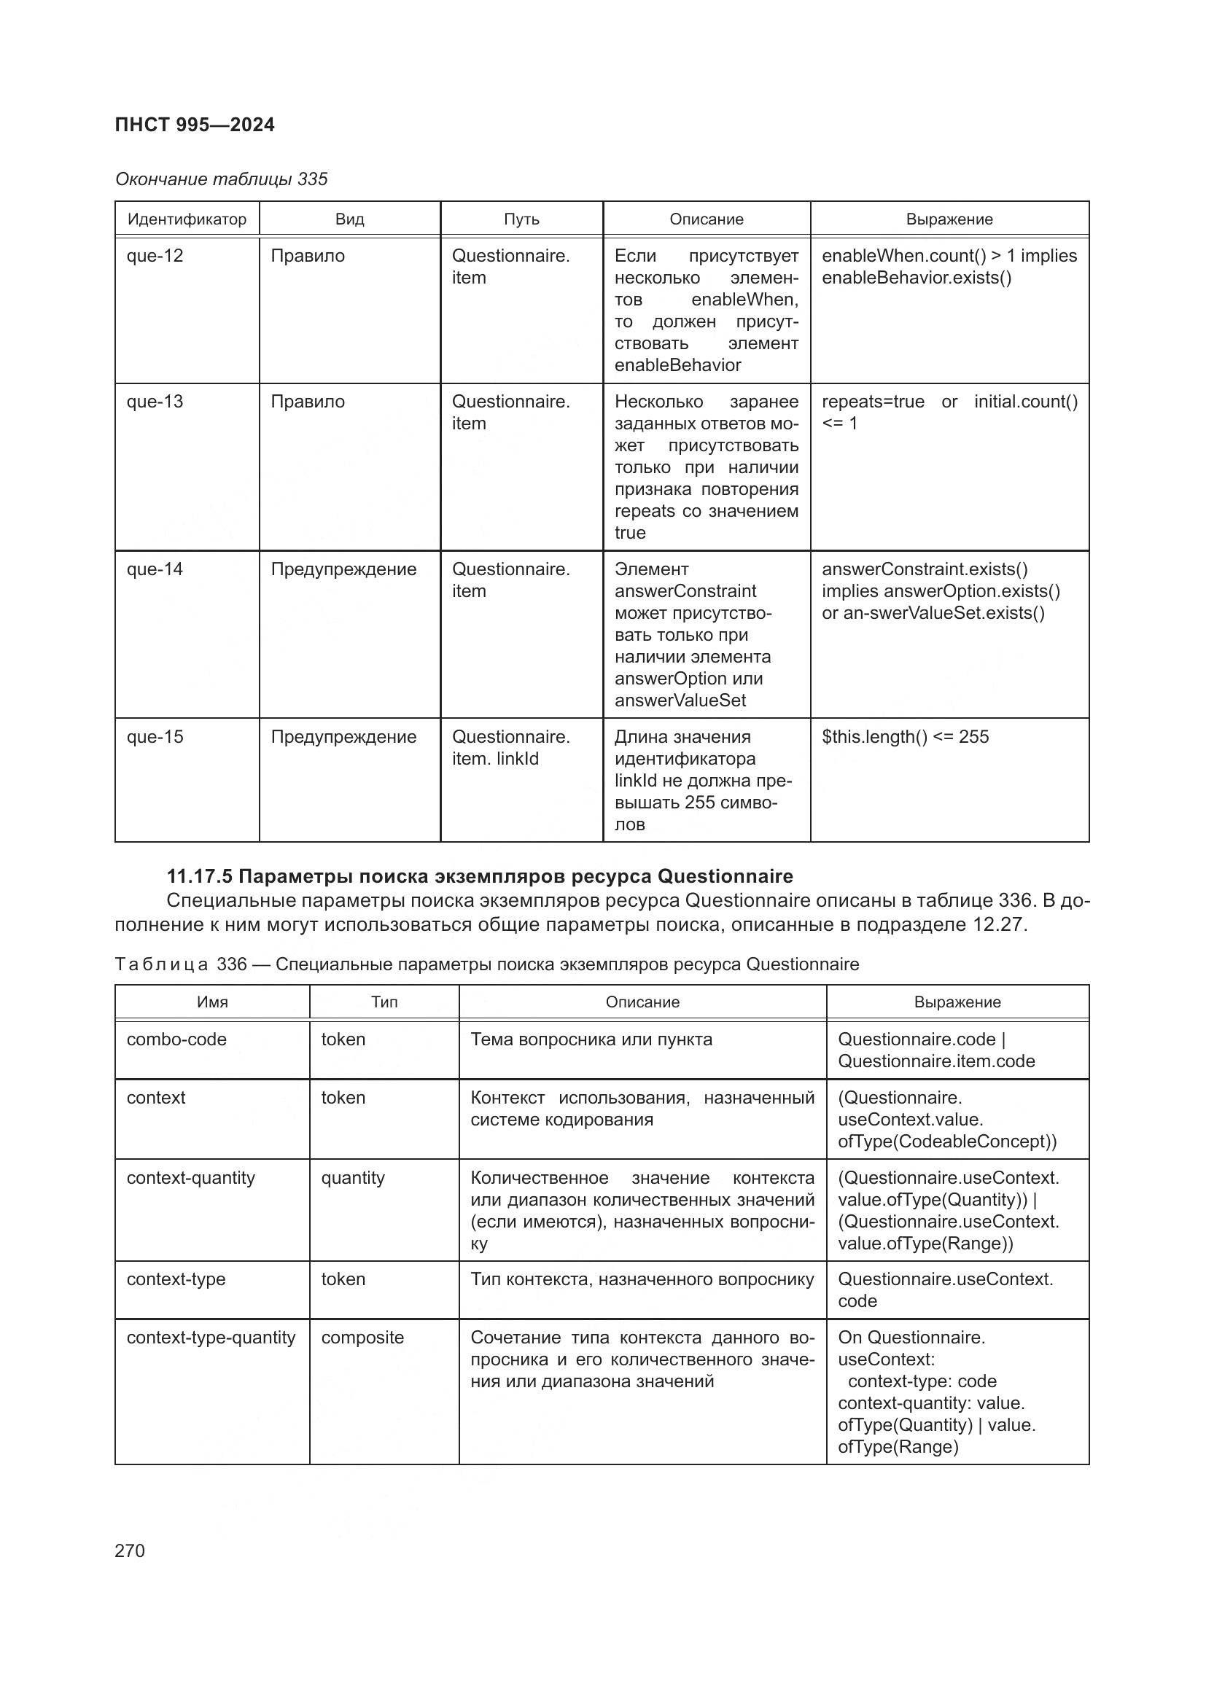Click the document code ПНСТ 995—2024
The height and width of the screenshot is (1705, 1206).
(x=195, y=125)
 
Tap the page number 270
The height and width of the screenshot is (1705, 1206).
(x=130, y=1550)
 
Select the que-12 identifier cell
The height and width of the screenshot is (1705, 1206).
(x=155, y=256)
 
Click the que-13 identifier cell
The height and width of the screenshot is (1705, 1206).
(x=155, y=402)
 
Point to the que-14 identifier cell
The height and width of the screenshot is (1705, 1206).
(x=155, y=569)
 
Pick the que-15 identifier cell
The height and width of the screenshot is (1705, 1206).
(x=155, y=738)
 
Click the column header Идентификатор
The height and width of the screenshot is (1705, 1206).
(x=187, y=220)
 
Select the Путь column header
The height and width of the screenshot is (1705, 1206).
(x=521, y=220)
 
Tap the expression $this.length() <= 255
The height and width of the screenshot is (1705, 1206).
(x=906, y=738)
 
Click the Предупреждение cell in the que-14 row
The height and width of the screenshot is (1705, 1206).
(x=343, y=569)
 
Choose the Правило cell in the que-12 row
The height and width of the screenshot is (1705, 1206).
(x=308, y=256)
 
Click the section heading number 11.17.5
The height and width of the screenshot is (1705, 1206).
(x=200, y=876)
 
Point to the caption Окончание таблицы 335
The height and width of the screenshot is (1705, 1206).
(x=222, y=180)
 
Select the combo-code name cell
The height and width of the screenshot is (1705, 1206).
(x=176, y=1039)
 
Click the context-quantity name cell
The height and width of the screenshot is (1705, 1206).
(x=191, y=1178)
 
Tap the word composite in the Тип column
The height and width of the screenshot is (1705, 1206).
(x=362, y=1338)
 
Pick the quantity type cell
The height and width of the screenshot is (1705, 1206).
(x=353, y=1178)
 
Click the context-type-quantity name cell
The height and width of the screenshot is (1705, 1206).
(x=211, y=1338)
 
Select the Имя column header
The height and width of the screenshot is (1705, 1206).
(x=212, y=1002)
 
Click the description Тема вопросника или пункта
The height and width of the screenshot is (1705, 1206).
(x=591, y=1039)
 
